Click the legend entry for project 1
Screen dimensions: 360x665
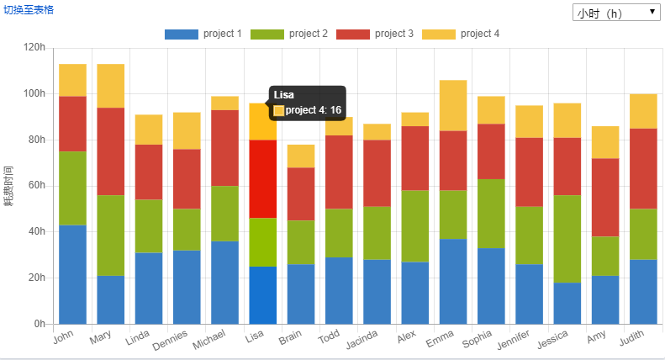(x=203, y=34)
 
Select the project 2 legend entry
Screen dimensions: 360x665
(x=289, y=34)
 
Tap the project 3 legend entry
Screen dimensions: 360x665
(x=375, y=34)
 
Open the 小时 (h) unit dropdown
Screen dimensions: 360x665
(x=616, y=13)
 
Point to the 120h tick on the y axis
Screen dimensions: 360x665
(x=34, y=48)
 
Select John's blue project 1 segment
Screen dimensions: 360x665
(x=72, y=274)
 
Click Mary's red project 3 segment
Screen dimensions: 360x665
(x=110, y=151)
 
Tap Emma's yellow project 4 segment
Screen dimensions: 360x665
(x=453, y=105)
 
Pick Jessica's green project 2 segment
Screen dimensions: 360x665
(x=567, y=239)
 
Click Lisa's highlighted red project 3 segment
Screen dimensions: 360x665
(x=262, y=179)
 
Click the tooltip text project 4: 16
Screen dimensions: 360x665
(x=313, y=110)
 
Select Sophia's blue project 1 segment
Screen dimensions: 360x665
(x=491, y=286)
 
